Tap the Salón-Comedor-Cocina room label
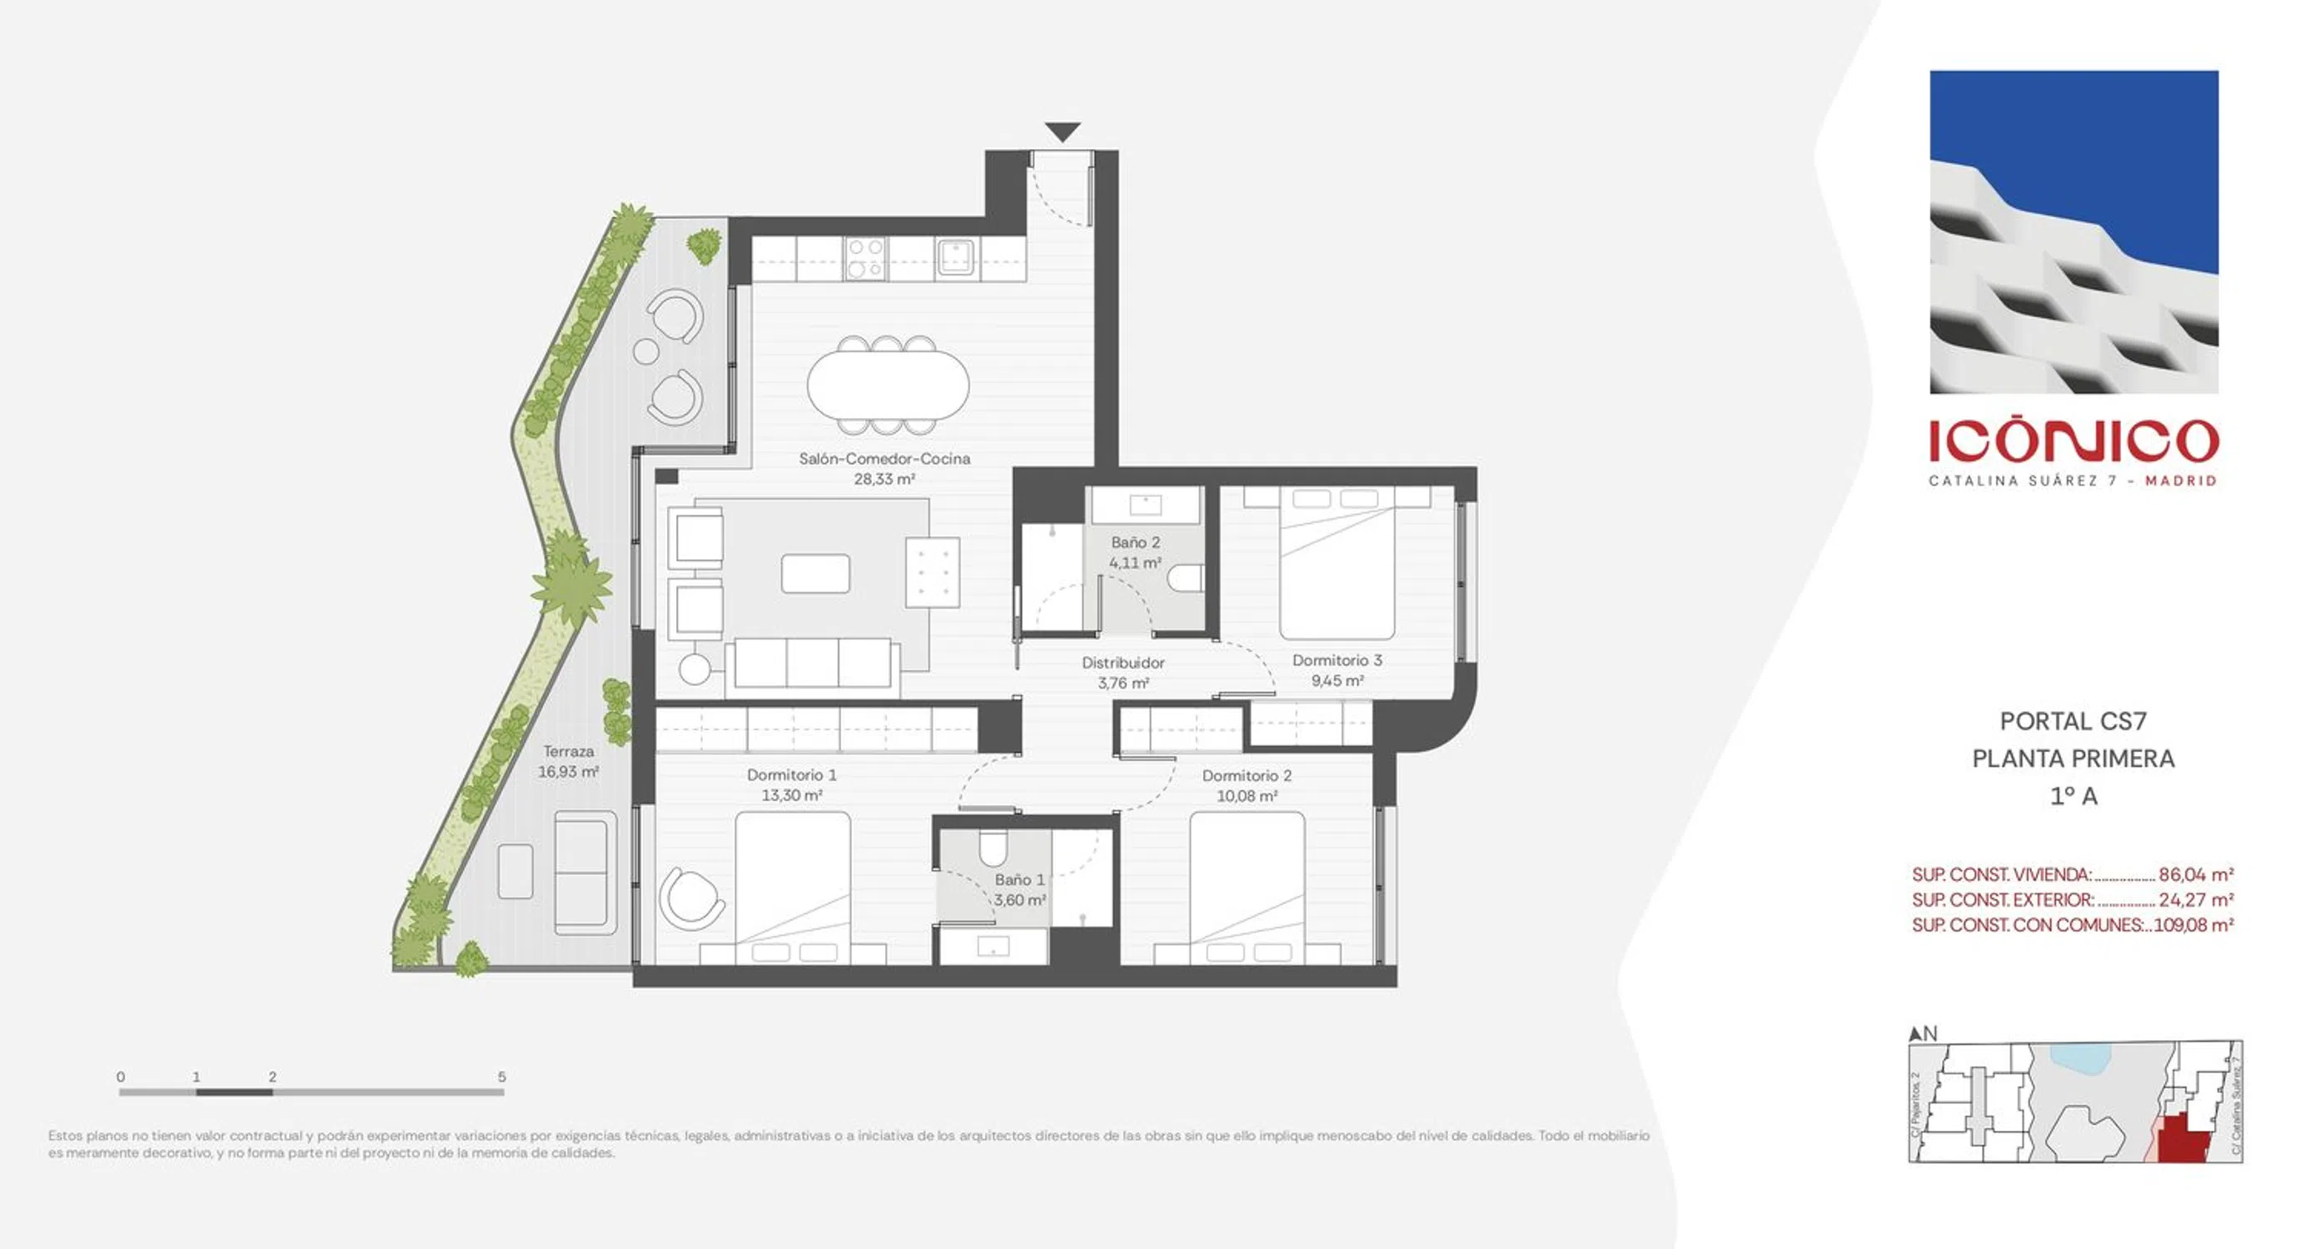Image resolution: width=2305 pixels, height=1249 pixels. click(884, 459)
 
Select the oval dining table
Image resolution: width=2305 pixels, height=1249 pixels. click(888, 386)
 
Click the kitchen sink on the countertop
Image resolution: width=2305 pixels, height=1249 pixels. click(956, 257)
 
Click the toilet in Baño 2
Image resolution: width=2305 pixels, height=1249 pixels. click(1186, 578)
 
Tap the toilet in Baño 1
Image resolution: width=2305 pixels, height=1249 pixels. click(993, 845)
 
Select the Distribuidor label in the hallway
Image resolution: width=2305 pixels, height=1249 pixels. click(1123, 663)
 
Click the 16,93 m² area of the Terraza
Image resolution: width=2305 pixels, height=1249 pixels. click(568, 771)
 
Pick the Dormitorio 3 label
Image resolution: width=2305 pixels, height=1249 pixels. click(1337, 660)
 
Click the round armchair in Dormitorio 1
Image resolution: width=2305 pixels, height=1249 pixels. click(692, 898)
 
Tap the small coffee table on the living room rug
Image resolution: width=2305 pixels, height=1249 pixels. click(815, 574)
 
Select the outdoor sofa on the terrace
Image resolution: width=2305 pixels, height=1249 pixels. click(585, 873)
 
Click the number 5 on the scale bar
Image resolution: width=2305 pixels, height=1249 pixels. click(502, 1077)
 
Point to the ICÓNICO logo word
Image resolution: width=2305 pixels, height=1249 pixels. click(2074, 440)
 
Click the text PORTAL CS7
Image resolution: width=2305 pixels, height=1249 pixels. click(2074, 721)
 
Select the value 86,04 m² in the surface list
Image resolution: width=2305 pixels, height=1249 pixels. click(2196, 874)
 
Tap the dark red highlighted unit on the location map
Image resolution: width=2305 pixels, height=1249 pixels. click(2183, 1140)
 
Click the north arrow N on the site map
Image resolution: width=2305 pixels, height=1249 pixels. click(1923, 1034)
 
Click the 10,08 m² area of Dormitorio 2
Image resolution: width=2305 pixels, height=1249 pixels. click(1247, 796)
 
